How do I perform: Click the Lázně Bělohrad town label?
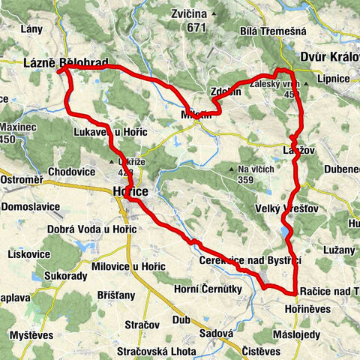[x=66, y=62]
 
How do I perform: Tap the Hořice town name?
[x=130, y=192]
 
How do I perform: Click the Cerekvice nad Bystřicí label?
[x=250, y=259]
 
